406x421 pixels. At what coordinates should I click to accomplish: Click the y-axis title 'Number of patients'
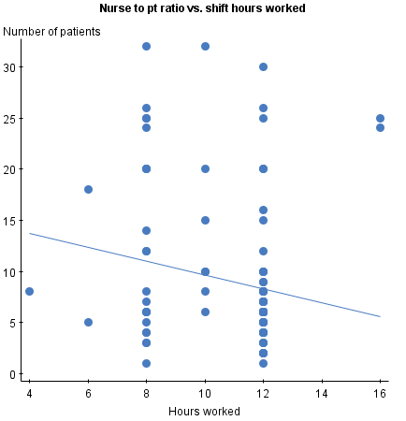(52, 32)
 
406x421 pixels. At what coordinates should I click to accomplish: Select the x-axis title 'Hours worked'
(205, 411)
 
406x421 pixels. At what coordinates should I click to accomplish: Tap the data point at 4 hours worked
(30, 292)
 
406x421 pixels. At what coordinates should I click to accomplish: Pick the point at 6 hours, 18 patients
(88, 189)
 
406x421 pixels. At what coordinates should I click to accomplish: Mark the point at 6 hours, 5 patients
(88, 322)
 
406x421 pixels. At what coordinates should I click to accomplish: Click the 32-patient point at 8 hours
(147, 46)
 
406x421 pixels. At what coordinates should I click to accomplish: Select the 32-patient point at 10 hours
(205, 46)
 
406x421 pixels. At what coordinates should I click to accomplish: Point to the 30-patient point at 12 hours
(264, 66)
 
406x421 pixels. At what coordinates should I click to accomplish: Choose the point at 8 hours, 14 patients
(147, 230)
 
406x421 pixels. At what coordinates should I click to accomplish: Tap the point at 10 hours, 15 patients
(205, 220)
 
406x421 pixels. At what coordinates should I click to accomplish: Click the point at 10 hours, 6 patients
(205, 312)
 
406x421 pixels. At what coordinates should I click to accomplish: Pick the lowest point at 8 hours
(147, 363)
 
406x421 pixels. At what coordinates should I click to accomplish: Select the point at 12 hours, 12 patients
(264, 251)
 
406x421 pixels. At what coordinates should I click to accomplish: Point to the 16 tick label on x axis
(380, 393)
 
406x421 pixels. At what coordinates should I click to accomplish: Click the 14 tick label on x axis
(322, 393)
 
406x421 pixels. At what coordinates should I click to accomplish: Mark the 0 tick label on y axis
(13, 373)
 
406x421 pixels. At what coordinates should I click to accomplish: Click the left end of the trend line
(30, 233)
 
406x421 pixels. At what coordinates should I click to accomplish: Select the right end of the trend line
(380, 316)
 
